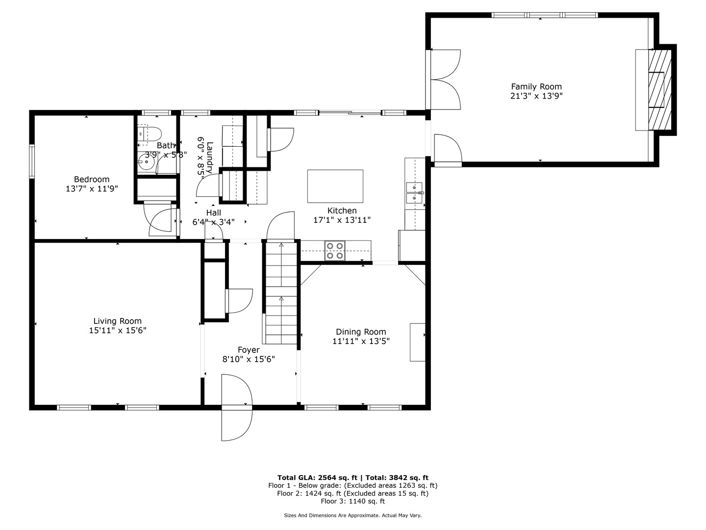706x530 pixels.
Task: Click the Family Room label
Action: [x=536, y=86]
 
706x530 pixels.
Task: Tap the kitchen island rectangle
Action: [x=335, y=186]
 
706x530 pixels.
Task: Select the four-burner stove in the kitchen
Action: [x=335, y=251]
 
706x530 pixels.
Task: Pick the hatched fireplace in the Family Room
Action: [x=660, y=90]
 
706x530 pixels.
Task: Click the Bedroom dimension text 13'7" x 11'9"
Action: [x=92, y=188]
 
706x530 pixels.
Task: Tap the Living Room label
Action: [x=117, y=321]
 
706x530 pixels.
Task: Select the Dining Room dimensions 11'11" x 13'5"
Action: [x=361, y=341]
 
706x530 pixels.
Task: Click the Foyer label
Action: [x=249, y=350]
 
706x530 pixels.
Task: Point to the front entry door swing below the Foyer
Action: [x=237, y=407]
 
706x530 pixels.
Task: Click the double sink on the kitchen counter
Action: [x=415, y=193]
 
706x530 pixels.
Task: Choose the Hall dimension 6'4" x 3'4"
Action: [x=214, y=222]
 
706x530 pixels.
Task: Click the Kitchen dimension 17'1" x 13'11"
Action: [x=342, y=220]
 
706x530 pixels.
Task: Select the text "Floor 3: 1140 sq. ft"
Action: [x=353, y=501]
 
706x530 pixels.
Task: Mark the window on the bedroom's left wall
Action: [x=32, y=161]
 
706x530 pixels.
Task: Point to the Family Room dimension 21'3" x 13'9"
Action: [x=536, y=96]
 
